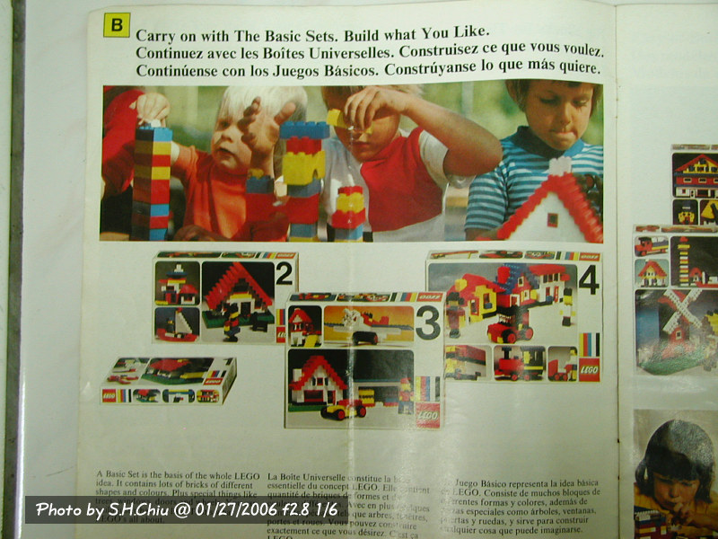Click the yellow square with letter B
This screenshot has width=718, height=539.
coord(117,24)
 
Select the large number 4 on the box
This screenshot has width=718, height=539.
coord(588,282)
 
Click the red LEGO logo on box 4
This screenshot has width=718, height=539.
coord(588,369)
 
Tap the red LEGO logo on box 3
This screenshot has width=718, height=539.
coord(428,414)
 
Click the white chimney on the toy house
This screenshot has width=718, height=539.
coord(559,166)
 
